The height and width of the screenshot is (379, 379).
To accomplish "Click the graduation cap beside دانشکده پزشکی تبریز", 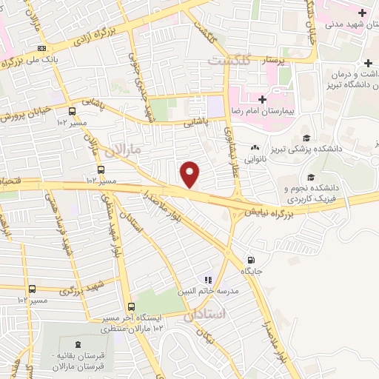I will [306, 138].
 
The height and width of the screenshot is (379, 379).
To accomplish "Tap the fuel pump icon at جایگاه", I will [252, 260].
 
